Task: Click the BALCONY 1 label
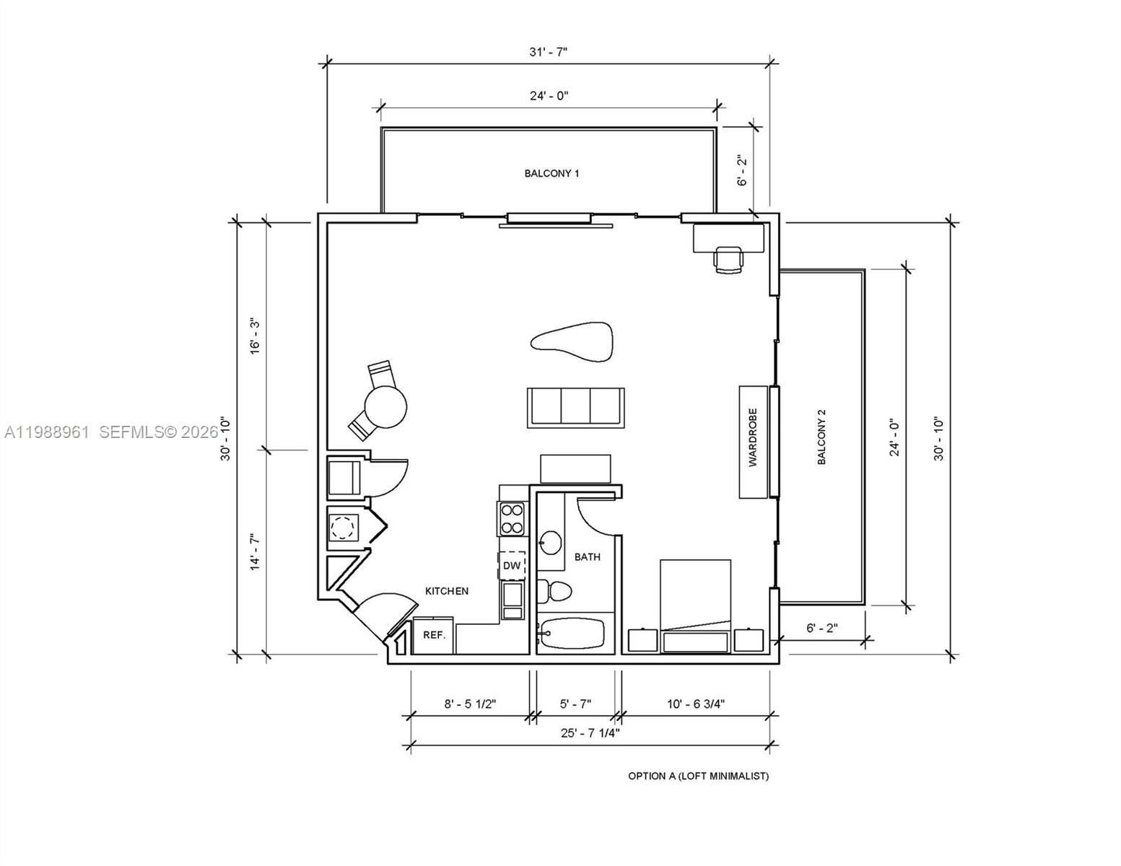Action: click(x=551, y=173)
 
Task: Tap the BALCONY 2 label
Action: click(x=821, y=437)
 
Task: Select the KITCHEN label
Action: click(x=446, y=591)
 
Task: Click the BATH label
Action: click(x=587, y=556)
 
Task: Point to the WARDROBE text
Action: click(x=753, y=447)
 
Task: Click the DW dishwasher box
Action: click(x=512, y=565)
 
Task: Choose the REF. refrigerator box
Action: click(x=434, y=635)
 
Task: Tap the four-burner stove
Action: click(x=512, y=518)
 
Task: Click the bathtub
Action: click(x=575, y=635)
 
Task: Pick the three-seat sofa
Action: click(x=575, y=407)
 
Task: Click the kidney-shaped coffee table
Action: click(x=573, y=341)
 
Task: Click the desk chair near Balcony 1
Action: click(x=728, y=259)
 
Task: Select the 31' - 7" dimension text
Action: click(x=549, y=52)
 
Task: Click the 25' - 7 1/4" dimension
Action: click(x=590, y=732)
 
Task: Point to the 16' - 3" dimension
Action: click(x=255, y=336)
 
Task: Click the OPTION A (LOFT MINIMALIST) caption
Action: click(x=698, y=776)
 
